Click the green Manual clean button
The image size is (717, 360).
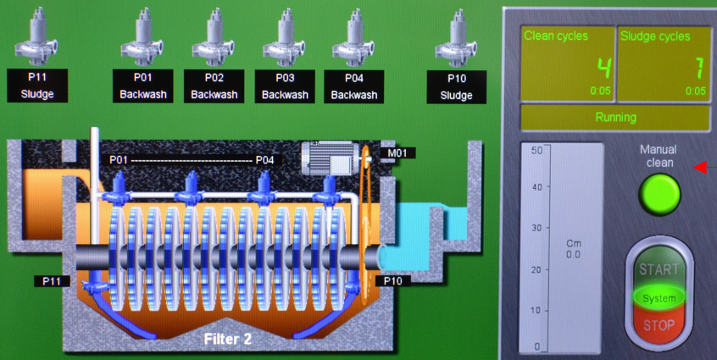659,194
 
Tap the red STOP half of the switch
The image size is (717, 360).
659,324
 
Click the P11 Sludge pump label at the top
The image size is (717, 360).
37,86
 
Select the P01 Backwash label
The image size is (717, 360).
142,86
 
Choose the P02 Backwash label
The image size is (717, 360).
214,86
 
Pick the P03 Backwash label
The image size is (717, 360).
285,86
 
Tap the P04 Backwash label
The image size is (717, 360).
354,86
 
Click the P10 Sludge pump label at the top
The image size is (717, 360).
456,86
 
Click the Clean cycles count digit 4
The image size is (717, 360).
604,69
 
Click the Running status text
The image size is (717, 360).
615,118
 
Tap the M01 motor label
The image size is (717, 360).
397,153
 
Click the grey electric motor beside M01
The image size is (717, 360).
329,158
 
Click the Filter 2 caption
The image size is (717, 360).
227,339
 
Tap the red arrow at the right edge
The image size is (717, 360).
705,168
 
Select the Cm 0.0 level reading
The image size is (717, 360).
574,249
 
